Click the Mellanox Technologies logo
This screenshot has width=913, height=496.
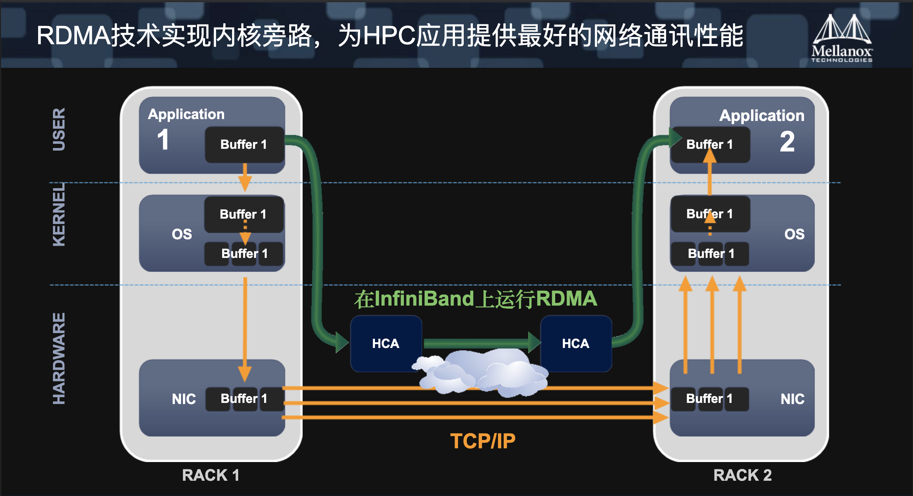[842, 38]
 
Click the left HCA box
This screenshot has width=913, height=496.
[386, 343]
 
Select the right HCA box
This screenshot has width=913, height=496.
[576, 343]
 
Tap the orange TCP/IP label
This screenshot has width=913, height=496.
[482, 441]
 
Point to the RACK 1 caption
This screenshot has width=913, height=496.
[211, 475]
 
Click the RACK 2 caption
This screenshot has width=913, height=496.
[742, 475]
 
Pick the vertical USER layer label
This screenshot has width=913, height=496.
[59, 129]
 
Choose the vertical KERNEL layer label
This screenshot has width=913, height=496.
[59, 214]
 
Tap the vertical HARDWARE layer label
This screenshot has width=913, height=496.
[59, 359]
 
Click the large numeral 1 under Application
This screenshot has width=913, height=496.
[163, 140]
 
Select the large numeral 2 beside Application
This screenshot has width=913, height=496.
[787, 142]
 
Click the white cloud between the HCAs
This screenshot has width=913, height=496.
[484, 372]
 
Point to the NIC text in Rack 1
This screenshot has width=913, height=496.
[184, 399]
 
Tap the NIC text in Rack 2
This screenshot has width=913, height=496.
[793, 399]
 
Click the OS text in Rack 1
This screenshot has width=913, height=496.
[182, 234]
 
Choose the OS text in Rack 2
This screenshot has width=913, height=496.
[794, 234]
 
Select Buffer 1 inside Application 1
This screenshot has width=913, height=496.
[244, 145]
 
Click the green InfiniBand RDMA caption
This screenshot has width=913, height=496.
[476, 299]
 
